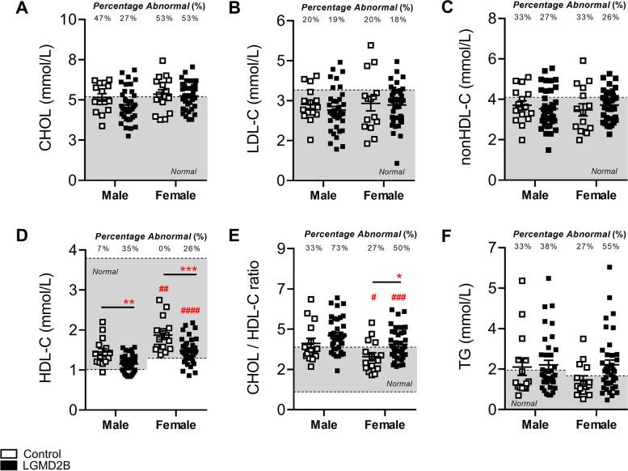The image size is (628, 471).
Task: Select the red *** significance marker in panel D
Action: (x=188, y=269)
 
